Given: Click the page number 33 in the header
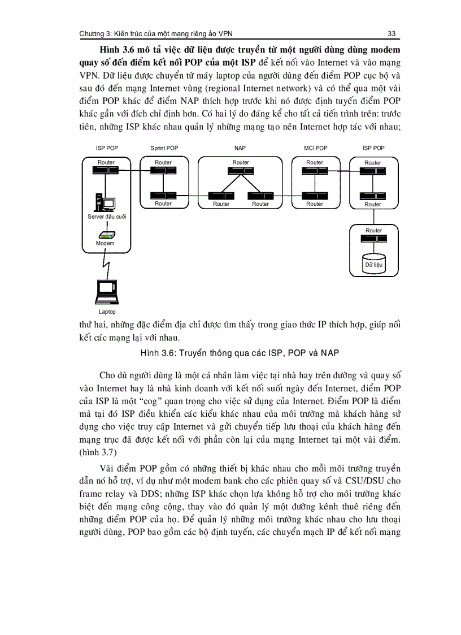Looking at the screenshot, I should pyautogui.click(x=391, y=33).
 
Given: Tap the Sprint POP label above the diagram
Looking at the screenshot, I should pyautogui.click(x=164, y=148).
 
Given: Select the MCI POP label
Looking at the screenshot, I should pyautogui.click(x=315, y=148).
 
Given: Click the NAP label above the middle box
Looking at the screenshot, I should pyautogui.click(x=240, y=148).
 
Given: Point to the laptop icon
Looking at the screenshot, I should pyautogui.click(x=106, y=292).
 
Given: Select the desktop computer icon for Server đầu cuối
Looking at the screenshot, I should pyautogui.click(x=105, y=202).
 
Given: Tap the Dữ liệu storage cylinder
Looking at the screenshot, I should pyautogui.click(x=373, y=261).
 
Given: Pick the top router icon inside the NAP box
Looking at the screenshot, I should pyautogui.click(x=241, y=170).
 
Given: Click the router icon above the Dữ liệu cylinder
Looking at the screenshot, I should pyautogui.click(x=373, y=238).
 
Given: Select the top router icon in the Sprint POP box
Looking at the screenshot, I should pyautogui.click(x=163, y=170).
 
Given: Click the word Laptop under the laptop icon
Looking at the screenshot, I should pyautogui.click(x=107, y=312).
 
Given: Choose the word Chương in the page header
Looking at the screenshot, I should pyautogui.click(x=93, y=33).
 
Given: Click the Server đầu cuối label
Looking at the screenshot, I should pyautogui.click(x=107, y=217).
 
